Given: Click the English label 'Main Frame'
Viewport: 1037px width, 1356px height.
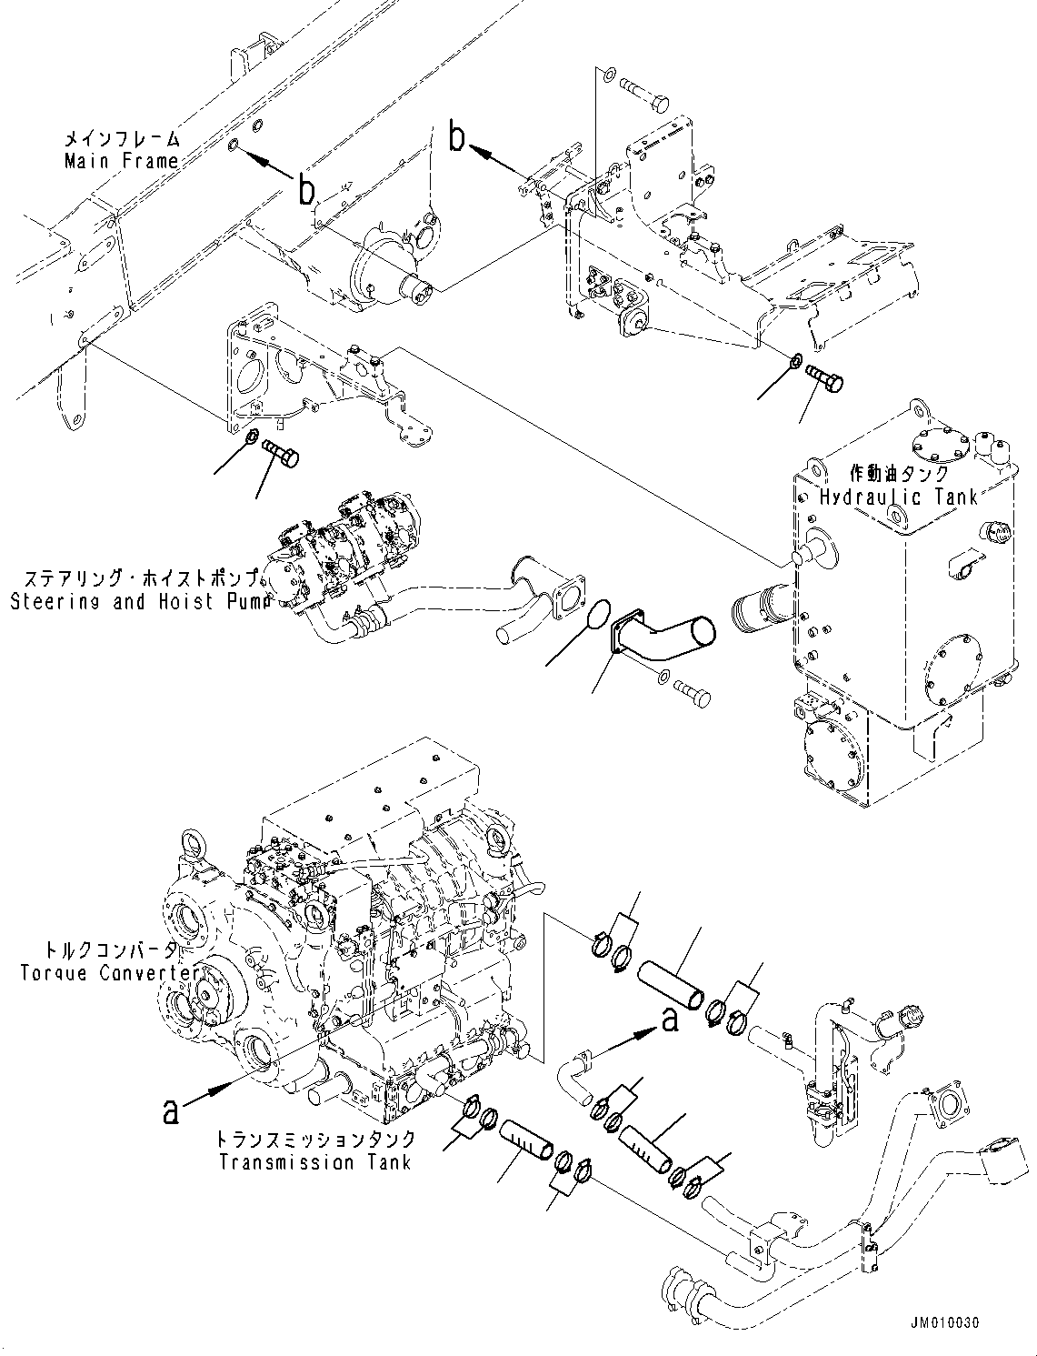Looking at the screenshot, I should [120, 161].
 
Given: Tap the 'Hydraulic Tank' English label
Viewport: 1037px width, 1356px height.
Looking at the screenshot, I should [898, 497].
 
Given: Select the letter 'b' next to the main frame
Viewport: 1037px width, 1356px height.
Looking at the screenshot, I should [308, 190].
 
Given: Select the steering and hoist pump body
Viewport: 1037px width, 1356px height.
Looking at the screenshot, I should [336, 555].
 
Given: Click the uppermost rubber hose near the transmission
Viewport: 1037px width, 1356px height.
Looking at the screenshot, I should [670, 988].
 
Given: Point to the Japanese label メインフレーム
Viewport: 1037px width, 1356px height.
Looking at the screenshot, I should [120, 140].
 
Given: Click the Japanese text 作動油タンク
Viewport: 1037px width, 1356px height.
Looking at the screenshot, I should [899, 474].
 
